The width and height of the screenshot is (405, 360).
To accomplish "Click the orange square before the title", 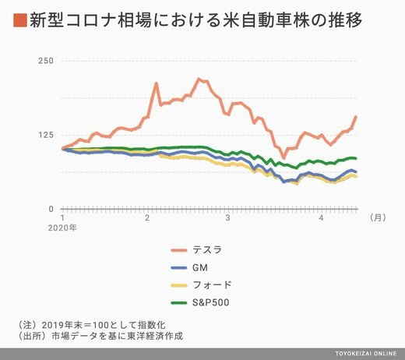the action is [x=20, y=20].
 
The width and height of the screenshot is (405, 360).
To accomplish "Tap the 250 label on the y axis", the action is [x=46, y=61].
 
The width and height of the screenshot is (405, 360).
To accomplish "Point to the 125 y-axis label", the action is [x=46, y=135].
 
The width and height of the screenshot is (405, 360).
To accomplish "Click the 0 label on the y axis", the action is [x=51, y=209].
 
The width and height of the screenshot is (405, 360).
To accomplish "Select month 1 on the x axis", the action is [x=62, y=217].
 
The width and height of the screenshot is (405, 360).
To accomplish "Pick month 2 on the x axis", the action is [x=147, y=217].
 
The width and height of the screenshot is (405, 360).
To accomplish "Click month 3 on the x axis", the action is [x=227, y=217].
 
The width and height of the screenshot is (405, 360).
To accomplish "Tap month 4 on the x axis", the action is [x=322, y=217].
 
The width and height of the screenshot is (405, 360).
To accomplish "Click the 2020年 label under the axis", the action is [x=62, y=228].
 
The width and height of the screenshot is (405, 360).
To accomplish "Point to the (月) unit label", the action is [x=378, y=217].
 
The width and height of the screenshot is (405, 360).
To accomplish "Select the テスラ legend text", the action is [x=207, y=250].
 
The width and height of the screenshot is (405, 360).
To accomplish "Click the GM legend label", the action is [x=200, y=267].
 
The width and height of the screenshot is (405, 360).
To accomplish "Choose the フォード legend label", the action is [x=212, y=285].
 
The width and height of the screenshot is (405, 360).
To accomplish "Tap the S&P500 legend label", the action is [x=211, y=302].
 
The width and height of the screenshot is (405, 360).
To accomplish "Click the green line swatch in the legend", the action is [x=179, y=303].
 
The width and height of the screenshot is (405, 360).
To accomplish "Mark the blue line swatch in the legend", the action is [x=179, y=268].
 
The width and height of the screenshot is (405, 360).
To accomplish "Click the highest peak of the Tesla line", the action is [x=199, y=79].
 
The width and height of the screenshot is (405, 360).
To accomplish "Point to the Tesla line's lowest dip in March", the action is [x=284, y=157].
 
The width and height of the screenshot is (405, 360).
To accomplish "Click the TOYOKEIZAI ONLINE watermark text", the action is [x=366, y=354].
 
